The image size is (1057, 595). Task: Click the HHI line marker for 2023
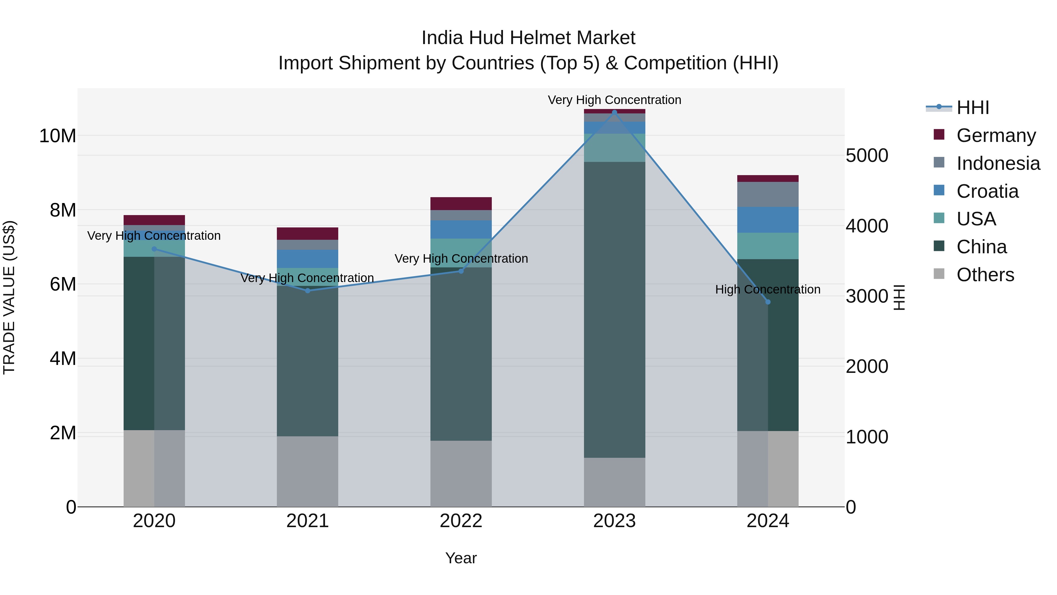pyautogui.click(x=614, y=112)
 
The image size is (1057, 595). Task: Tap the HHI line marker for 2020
pyautogui.click(x=154, y=249)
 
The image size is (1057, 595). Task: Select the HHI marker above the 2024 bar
pyautogui.click(x=768, y=302)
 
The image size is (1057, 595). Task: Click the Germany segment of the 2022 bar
pyautogui.click(x=461, y=204)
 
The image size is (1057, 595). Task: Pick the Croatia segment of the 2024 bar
pyautogui.click(x=768, y=220)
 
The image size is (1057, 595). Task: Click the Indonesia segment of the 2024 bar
pyautogui.click(x=768, y=194)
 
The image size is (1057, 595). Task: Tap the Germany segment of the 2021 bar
pyautogui.click(x=307, y=233)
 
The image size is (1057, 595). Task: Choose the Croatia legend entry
pyautogui.click(x=987, y=191)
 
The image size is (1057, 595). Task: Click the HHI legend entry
pyautogui.click(x=972, y=108)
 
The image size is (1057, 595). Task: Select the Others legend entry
pyautogui.click(x=985, y=275)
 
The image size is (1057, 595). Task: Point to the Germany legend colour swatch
pyautogui.click(x=939, y=135)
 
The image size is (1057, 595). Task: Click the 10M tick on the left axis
pyautogui.click(x=58, y=136)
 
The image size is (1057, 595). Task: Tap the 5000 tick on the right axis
pyautogui.click(x=867, y=156)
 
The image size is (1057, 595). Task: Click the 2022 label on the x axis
pyautogui.click(x=461, y=521)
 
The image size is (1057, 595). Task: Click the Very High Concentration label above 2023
pyautogui.click(x=614, y=100)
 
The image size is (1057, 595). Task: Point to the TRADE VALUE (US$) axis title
pyautogui.click(x=9, y=297)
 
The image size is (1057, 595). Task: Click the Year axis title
pyautogui.click(x=461, y=558)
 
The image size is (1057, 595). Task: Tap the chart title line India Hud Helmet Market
pyautogui.click(x=528, y=38)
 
